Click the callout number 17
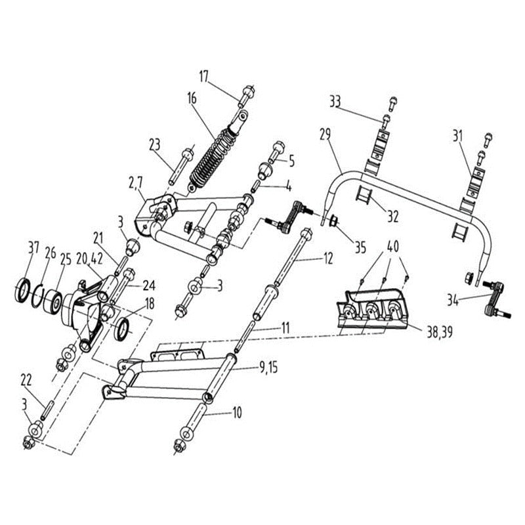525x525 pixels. (x=203, y=77)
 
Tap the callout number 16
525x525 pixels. (x=192, y=98)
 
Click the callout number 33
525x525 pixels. (x=335, y=101)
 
